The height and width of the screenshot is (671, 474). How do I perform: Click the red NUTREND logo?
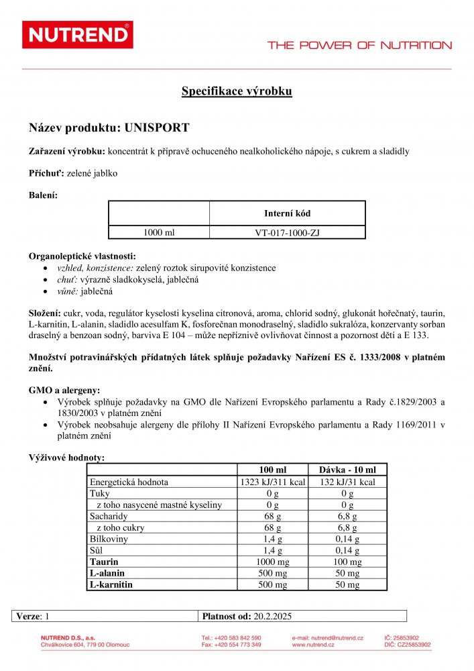(78, 35)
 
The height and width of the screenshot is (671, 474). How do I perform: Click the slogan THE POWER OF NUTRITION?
(359, 46)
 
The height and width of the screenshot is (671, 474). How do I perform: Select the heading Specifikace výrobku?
(237, 92)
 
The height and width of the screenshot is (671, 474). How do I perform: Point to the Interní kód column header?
(287, 213)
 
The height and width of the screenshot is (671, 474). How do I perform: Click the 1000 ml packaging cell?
(159, 233)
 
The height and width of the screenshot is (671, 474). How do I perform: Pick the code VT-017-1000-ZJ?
(287, 233)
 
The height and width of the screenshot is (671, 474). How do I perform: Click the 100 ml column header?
(272, 470)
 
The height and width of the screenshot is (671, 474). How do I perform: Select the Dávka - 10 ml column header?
(347, 470)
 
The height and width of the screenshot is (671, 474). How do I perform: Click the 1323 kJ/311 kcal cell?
(272, 482)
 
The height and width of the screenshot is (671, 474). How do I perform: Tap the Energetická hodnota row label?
(129, 482)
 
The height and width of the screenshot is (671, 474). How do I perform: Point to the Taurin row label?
(104, 562)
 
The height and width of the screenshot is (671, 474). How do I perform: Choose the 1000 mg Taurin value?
(272, 562)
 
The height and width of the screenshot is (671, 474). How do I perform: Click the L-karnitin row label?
(111, 584)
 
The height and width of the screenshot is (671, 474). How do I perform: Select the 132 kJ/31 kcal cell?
(347, 482)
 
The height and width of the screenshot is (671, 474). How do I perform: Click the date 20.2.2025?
(273, 616)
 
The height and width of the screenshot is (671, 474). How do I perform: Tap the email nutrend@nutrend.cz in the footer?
(327, 637)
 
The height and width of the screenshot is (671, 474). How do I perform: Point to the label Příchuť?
(46, 173)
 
